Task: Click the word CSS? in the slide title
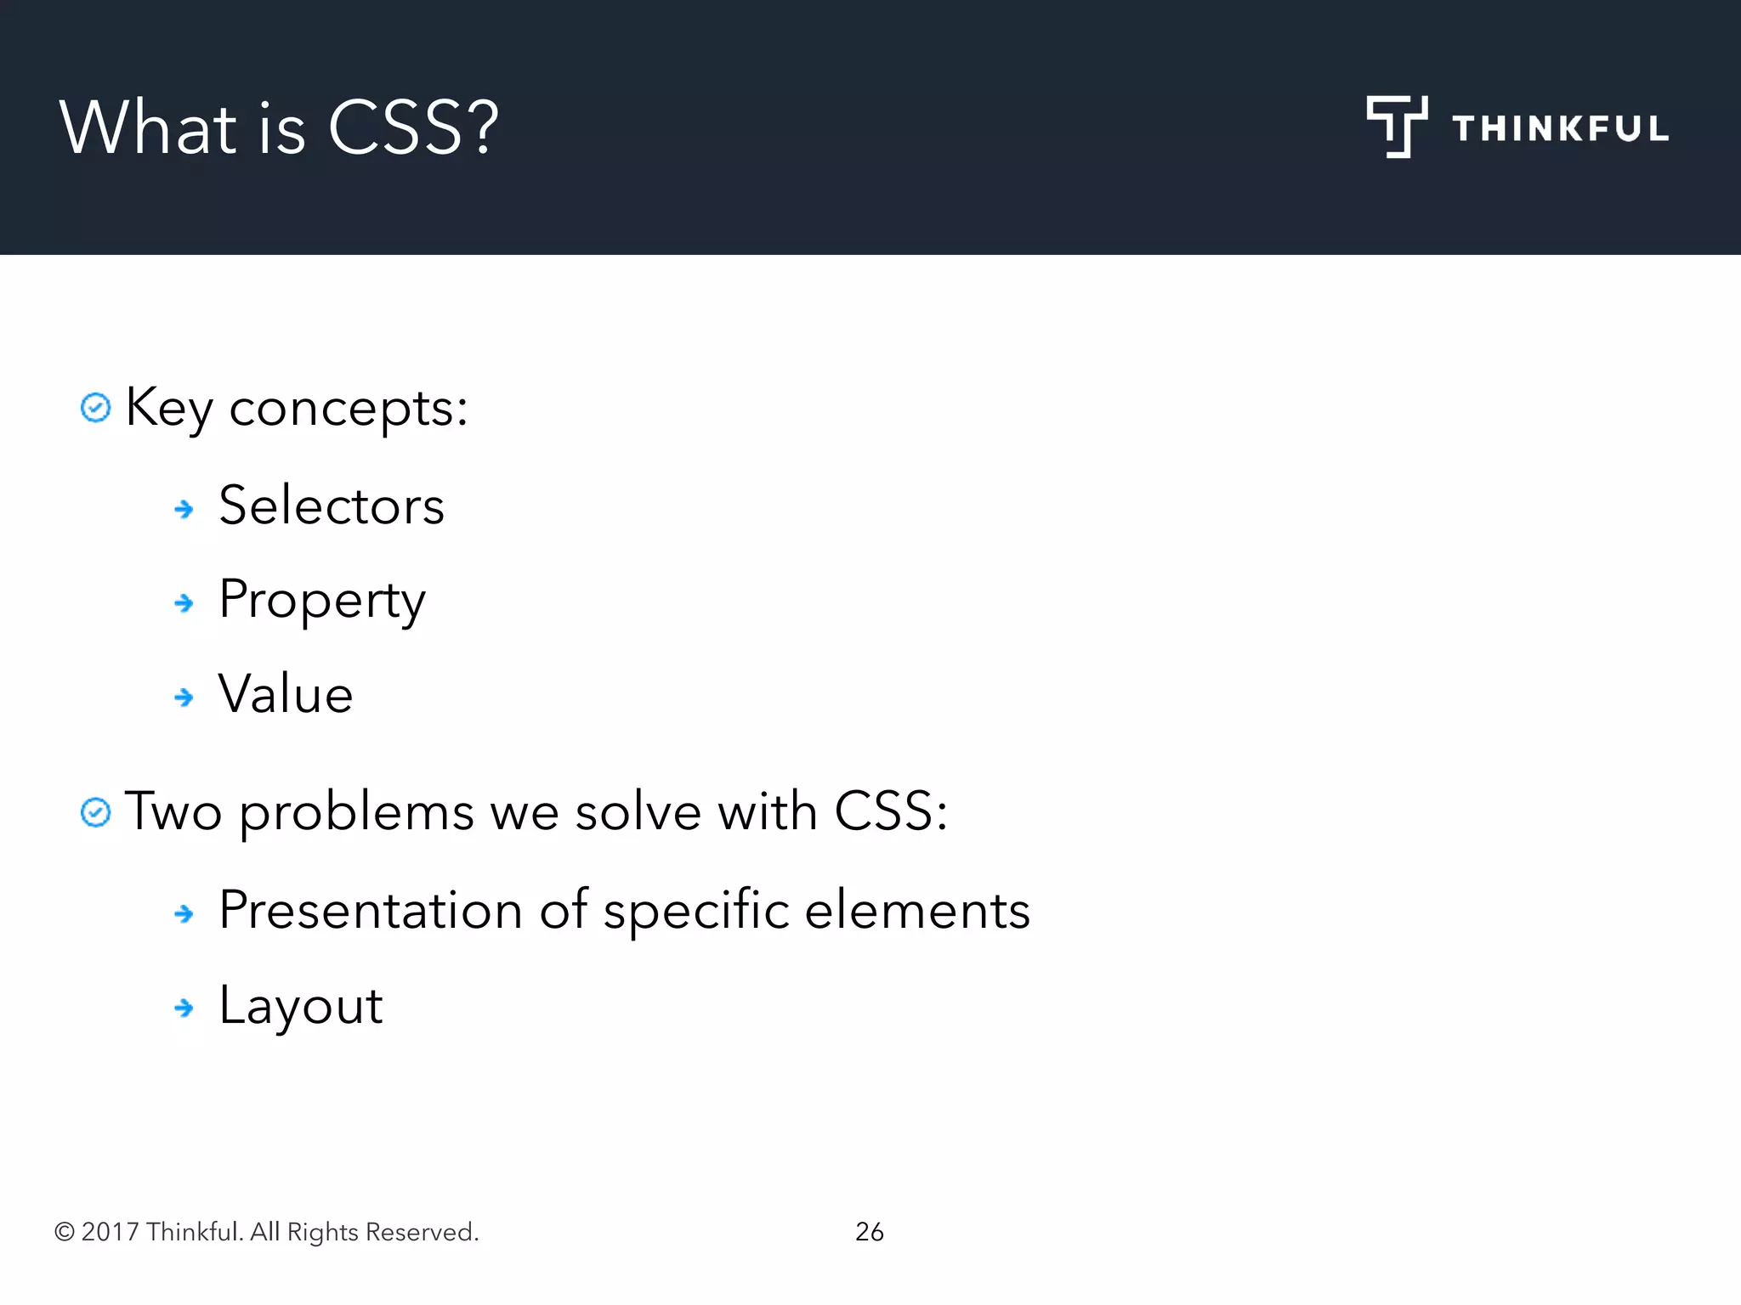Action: (413, 127)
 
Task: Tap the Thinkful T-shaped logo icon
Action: (1396, 126)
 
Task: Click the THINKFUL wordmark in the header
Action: (1560, 128)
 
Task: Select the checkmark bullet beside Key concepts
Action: (95, 408)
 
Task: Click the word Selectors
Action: (332, 506)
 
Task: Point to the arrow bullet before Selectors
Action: (184, 509)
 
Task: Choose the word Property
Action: (321, 601)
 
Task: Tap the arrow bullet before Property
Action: (184, 603)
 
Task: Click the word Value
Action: (286, 694)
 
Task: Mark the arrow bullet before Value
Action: (184, 698)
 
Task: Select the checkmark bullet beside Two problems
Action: (95, 812)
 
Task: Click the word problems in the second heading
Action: (356, 813)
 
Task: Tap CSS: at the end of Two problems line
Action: (890, 811)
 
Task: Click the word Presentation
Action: (371, 910)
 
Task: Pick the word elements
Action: (917, 910)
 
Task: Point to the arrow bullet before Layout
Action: (184, 1008)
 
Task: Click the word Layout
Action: (301, 1006)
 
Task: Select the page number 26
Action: (869, 1231)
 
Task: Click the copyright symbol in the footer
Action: (65, 1232)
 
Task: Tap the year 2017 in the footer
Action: (110, 1232)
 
